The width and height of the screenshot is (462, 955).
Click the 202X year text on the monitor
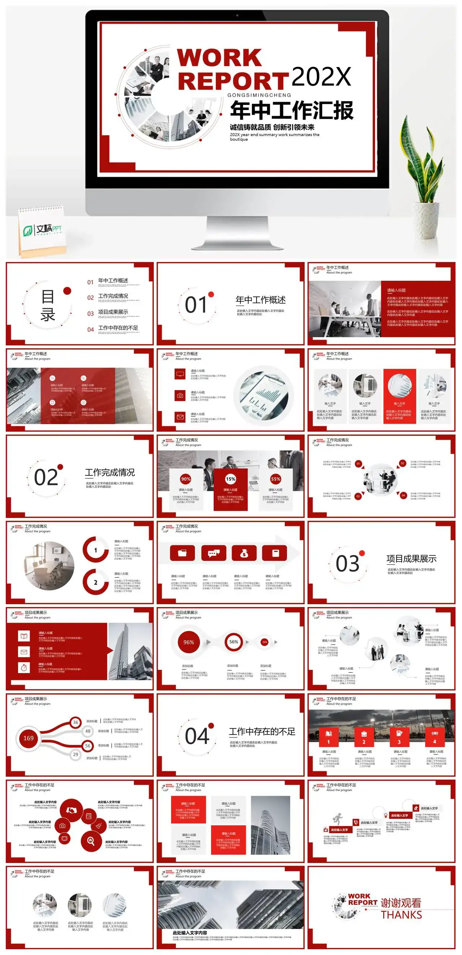pyautogui.click(x=321, y=77)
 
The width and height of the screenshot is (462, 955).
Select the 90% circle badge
pyautogui.click(x=186, y=479)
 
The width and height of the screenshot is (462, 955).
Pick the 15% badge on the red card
pyautogui.click(x=231, y=479)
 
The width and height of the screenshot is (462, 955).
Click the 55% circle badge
pyautogui.click(x=275, y=479)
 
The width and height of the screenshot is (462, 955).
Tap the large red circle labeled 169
pyautogui.click(x=29, y=738)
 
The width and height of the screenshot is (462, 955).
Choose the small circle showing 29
pyautogui.click(x=76, y=754)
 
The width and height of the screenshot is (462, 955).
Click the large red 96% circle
pyautogui.click(x=188, y=642)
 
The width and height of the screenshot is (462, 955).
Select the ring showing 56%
pyautogui.click(x=234, y=642)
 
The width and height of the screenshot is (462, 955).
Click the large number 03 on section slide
pyautogui.click(x=348, y=563)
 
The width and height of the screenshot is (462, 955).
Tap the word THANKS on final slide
pyautogui.click(x=401, y=915)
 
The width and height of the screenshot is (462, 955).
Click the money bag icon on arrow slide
pyautogui.click(x=244, y=553)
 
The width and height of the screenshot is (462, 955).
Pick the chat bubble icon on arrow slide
pyautogui.click(x=214, y=553)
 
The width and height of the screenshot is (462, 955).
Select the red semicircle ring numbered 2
pyautogui.click(x=96, y=583)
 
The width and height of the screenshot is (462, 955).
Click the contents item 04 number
pyautogui.click(x=91, y=330)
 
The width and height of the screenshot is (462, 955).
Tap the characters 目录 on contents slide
pyautogui.click(x=48, y=305)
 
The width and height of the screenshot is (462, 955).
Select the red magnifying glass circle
pyautogui.click(x=91, y=841)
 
